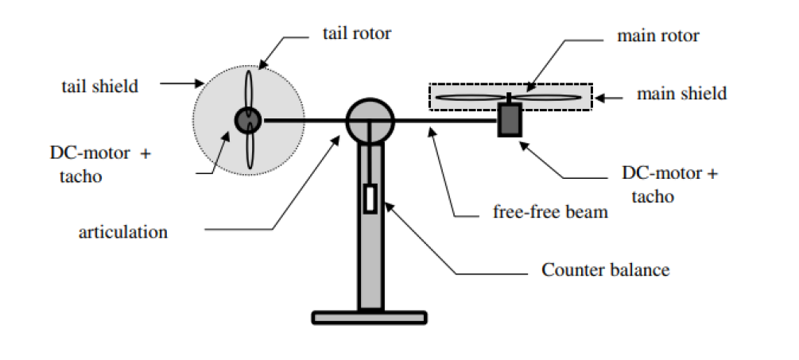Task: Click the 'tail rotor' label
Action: tap(358, 34)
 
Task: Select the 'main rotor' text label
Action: tap(657, 36)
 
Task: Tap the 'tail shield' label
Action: tap(99, 86)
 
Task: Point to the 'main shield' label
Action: tap(681, 94)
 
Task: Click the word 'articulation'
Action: tap(123, 232)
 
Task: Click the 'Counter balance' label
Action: tap(605, 269)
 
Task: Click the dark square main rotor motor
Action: tap(509, 120)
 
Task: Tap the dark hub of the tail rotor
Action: tap(246, 120)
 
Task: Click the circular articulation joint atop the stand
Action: tap(370, 120)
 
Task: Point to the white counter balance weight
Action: tap(370, 199)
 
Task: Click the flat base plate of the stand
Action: tap(370, 317)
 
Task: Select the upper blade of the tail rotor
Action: tap(248, 90)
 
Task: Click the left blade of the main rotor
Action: tap(471, 98)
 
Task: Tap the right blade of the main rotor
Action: tap(546, 98)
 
